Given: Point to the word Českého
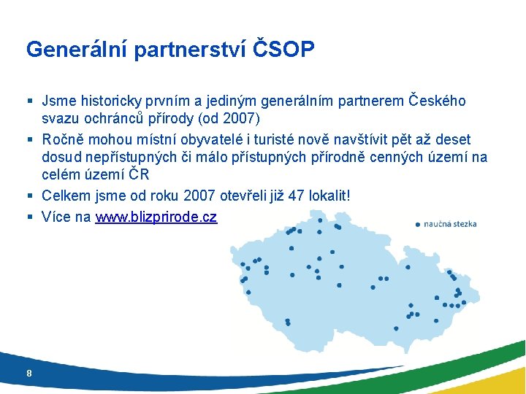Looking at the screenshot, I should tap(436, 101).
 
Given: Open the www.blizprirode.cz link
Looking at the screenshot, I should tap(156, 217).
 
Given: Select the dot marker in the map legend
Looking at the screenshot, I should tap(417, 224).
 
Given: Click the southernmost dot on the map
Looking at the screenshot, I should tap(396, 328).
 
